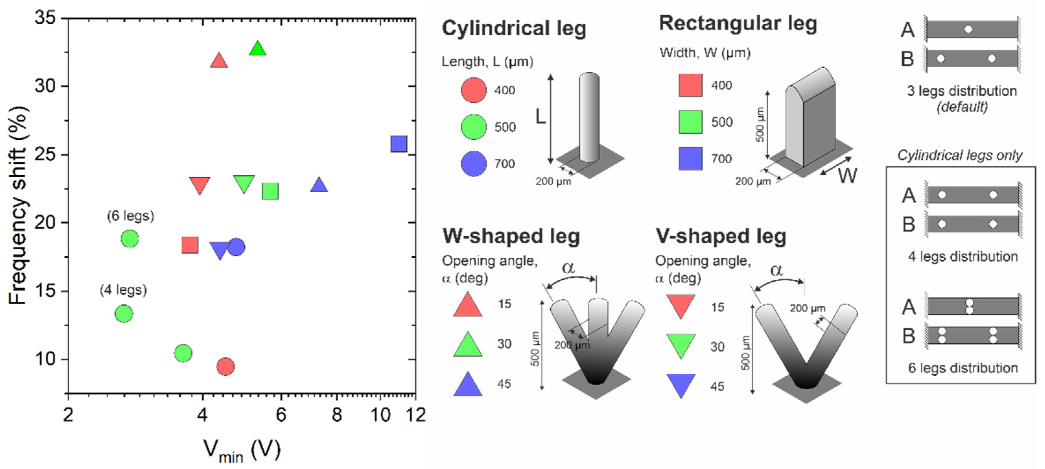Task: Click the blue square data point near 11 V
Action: coord(398,144)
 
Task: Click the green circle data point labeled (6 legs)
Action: coord(130,239)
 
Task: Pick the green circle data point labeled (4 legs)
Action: coord(124,313)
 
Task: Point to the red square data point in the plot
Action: coord(190,245)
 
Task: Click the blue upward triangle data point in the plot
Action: coord(319,185)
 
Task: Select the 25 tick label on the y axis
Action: coord(45,155)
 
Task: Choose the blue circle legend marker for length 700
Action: coord(474,164)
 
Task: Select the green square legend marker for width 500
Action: coord(690,122)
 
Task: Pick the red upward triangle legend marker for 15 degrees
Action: coord(468,305)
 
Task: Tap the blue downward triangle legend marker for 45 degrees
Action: coord(681,385)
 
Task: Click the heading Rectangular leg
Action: coord(737,24)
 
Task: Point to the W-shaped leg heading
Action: coord(511,236)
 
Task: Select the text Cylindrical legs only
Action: coord(960,155)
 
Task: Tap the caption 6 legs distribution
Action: coord(963,368)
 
